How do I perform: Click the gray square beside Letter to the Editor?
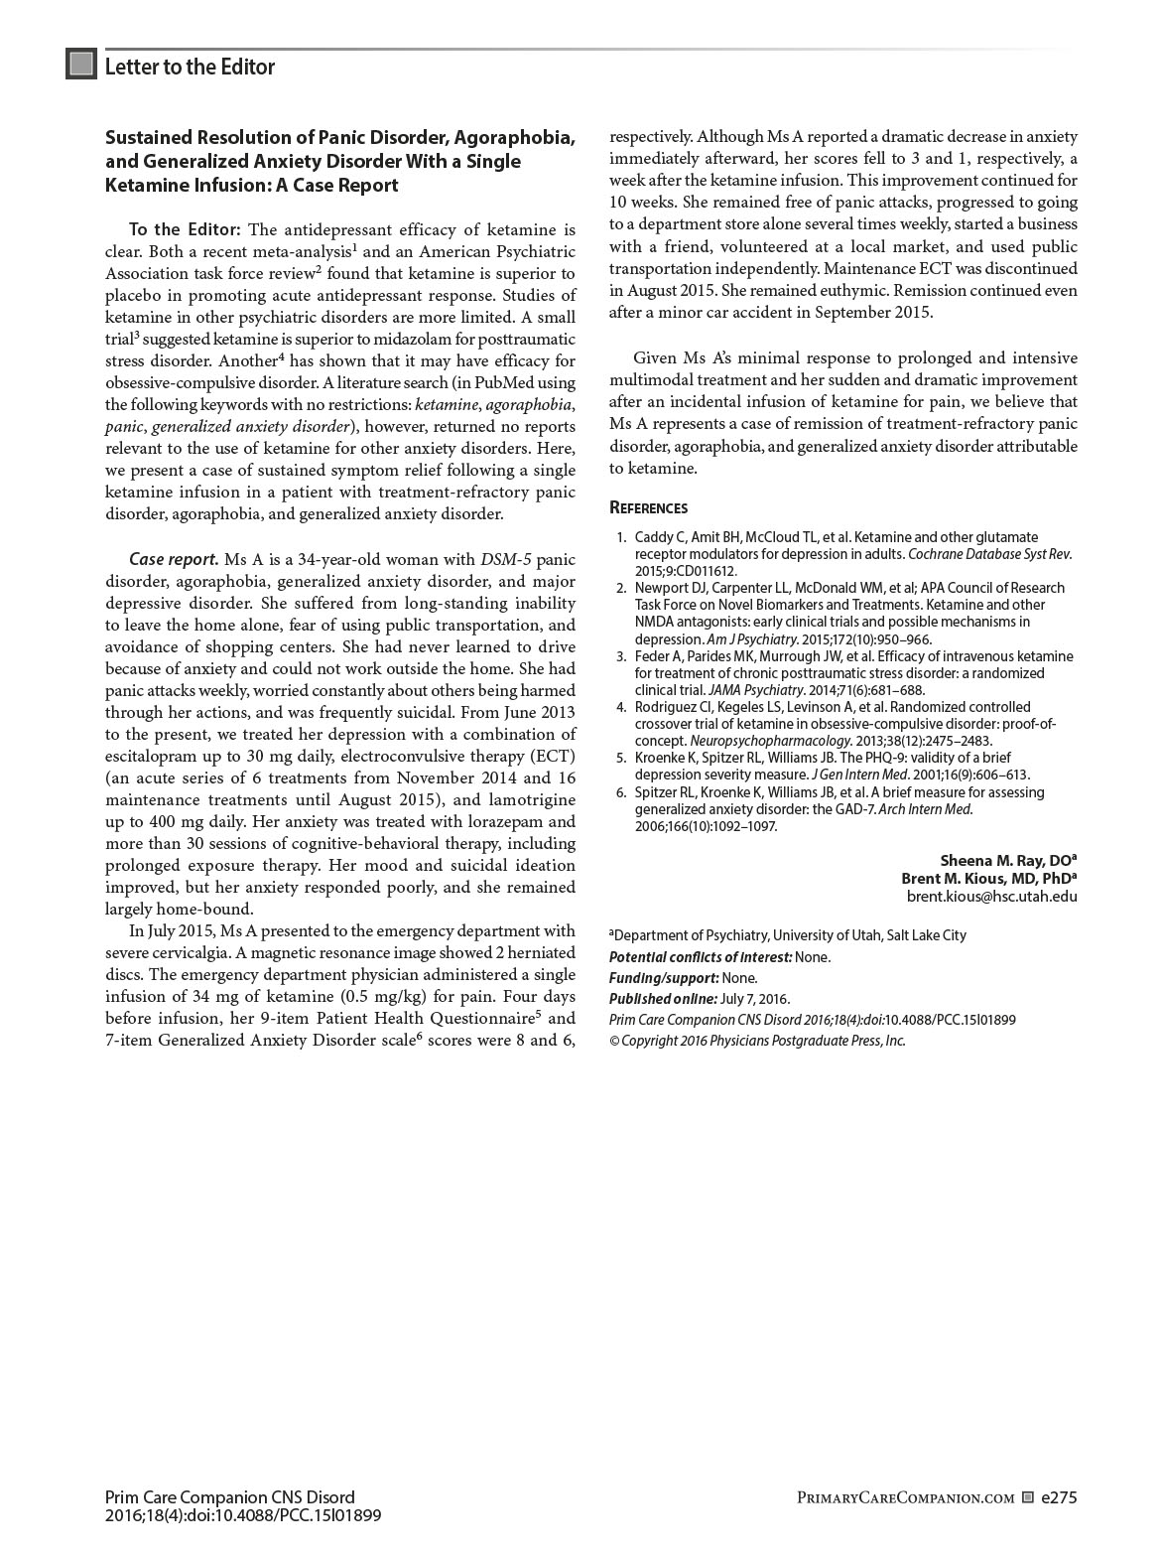click(x=81, y=65)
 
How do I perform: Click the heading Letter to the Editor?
click(x=190, y=67)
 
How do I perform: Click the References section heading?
click(x=648, y=508)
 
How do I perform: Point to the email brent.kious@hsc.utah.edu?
click(x=991, y=897)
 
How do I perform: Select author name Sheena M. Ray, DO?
click(x=1007, y=861)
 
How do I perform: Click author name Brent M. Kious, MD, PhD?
click(x=987, y=879)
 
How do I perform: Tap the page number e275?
click(x=1059, y=1497)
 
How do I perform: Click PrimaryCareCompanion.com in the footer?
click(x=905, y=1498)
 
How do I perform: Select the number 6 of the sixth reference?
click(x=621, y=792)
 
